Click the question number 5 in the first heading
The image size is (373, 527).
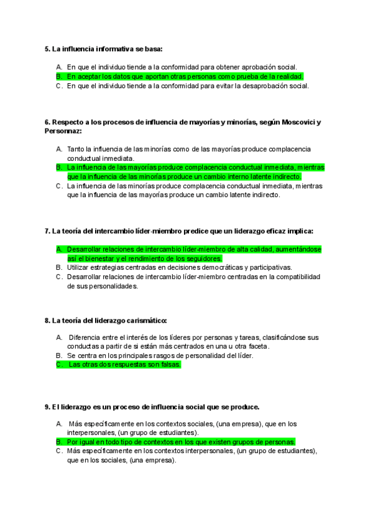pos(47,48)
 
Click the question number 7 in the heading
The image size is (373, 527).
pos(47,231)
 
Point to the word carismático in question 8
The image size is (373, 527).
pos(146,321)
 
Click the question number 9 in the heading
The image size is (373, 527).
pos(47,407)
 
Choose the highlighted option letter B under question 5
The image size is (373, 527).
pos(58,76)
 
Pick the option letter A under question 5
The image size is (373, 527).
pos(58,66)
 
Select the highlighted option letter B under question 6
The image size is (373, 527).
pos(58,167)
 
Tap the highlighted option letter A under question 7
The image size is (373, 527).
pos(58,249)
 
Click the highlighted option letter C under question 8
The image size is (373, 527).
pos(59,365)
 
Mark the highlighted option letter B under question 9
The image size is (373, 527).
pos(58,442)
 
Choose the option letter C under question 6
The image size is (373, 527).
pos(58,185)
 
